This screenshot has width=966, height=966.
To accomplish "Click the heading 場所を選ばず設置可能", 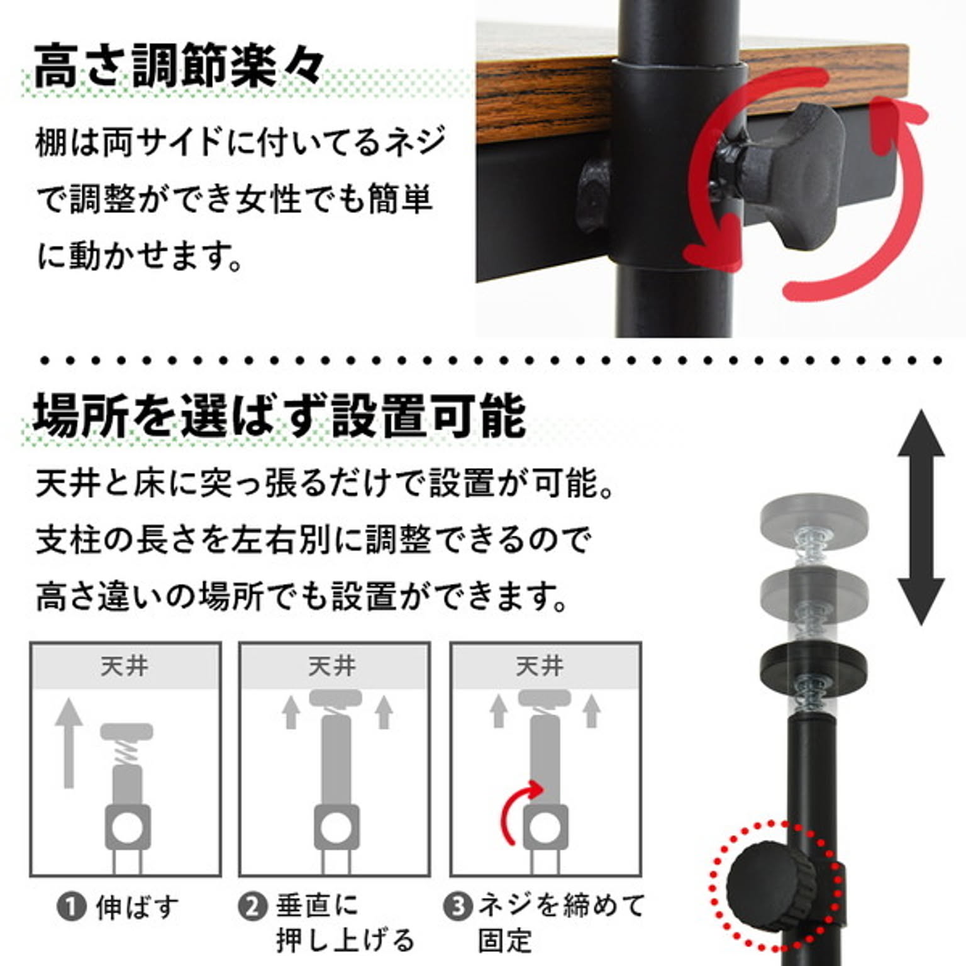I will click(280, 416).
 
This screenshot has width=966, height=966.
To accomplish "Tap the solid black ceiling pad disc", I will click(813, 664).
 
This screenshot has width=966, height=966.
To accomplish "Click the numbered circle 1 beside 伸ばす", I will click(71, 907).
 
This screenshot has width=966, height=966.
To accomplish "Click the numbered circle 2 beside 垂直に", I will click(253, 907).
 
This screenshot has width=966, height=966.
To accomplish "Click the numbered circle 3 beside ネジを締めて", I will click(457, 907).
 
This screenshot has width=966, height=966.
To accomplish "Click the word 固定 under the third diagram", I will click(505, 941).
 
